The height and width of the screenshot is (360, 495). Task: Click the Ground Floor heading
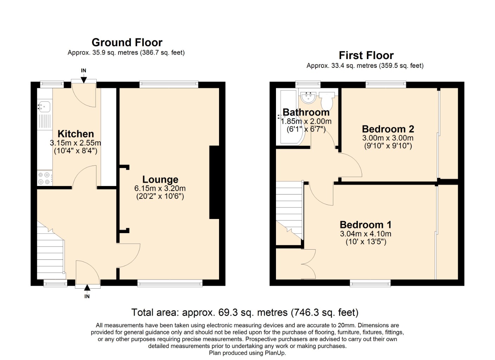(127, 43)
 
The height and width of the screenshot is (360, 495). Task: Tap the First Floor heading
(366, 56)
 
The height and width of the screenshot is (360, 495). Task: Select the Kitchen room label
(76, 134)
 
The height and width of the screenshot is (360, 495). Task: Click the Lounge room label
(160, 180)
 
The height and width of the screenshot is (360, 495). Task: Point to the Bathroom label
(306, 112)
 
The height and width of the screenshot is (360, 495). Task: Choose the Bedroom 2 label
(388, 129)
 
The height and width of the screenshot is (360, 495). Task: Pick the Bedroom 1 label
(365, 225)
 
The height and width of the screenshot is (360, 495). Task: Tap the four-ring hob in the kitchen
(44, 178)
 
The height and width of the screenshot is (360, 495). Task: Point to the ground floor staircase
(50, 250)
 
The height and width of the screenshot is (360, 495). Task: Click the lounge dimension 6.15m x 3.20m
(160, 188)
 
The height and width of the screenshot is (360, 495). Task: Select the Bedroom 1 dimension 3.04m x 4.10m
(365, 234)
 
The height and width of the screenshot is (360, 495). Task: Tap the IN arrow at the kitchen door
(84, 79)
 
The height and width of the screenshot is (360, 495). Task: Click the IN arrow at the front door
(87, 288)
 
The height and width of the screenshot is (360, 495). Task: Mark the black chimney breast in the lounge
(214, 182)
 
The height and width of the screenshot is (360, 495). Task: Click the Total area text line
(245, 313)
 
